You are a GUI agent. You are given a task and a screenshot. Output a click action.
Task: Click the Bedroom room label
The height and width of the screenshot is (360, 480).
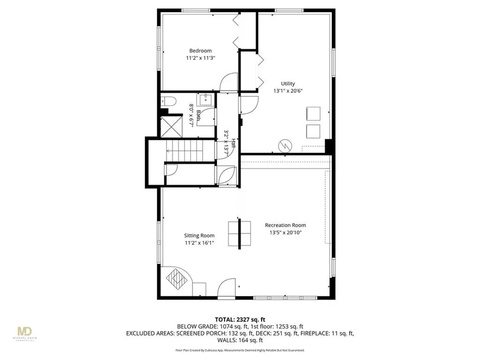click(200, 51)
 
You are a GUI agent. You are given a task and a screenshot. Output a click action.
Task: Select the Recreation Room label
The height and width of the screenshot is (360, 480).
click(285, 225)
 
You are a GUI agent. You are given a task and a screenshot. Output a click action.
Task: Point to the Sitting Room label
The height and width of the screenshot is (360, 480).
click(199, 235)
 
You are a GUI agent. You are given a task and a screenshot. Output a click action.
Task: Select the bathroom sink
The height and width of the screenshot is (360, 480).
click(206, 100)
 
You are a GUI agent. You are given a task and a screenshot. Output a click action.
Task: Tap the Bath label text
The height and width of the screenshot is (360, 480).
click(199, 116)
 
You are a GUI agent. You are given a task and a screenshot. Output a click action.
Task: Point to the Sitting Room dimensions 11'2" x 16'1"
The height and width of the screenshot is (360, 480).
click(199, 243)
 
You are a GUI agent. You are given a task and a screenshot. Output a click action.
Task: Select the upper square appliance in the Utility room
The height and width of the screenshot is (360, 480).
click(313, 114)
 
